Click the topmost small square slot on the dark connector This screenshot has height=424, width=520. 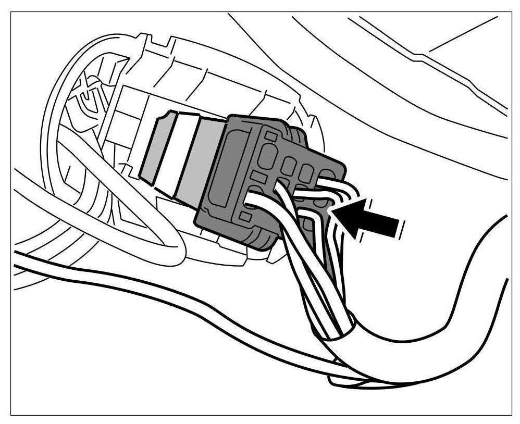click(x=269, y=136)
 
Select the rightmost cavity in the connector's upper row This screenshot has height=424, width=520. click(x=327, y=176)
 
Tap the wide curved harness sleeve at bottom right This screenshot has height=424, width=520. click(x=443, y=313)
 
